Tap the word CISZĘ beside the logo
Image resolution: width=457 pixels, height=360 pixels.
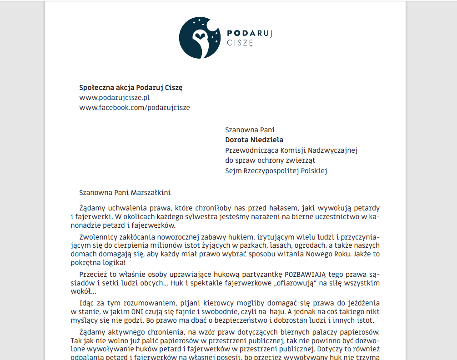pos(240,43)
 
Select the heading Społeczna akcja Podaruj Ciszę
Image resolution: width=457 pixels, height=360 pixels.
pos(131,88)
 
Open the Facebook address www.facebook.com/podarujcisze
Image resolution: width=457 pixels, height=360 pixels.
pos(135,108)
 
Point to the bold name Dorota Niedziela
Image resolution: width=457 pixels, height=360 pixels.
pos(254,140)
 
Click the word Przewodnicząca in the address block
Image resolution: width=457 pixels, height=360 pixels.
pos(251,150)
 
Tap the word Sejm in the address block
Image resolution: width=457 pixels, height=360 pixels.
pos(233,171)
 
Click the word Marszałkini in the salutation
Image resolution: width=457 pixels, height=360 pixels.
pos(151,193)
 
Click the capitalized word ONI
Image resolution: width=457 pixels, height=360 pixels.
pos(138,312)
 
